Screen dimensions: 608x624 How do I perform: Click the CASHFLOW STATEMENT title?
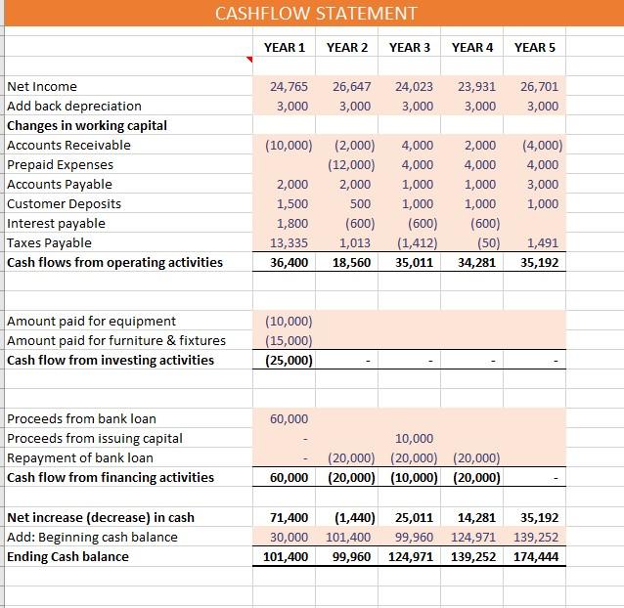[315, 13]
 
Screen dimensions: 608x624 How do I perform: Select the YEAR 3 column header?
[410, 47]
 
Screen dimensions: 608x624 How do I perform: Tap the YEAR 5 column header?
[535, 47]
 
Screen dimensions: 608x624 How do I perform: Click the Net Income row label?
[42, 86]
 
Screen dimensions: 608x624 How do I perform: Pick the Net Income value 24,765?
[289, 86]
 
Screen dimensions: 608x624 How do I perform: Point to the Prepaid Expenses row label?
[60, 164]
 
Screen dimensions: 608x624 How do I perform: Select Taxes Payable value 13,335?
[289, 242]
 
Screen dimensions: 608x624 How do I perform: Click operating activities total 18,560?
[351, 262]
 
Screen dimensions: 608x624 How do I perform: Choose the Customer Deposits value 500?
[359, 203]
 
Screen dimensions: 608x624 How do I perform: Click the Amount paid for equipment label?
[92, 321]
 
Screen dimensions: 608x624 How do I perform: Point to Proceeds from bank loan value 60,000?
[289, 418]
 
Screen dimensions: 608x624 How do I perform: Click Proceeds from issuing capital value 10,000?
[414, 438]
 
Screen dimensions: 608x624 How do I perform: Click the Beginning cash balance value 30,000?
[289, 537]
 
